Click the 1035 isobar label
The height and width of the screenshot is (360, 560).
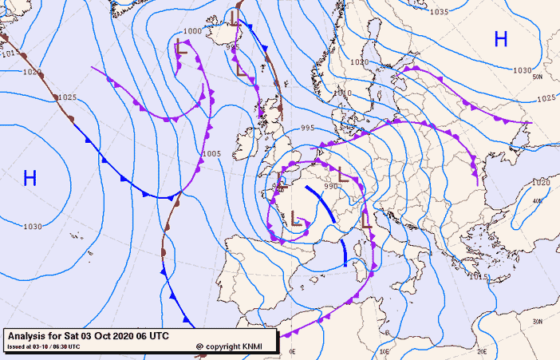439,12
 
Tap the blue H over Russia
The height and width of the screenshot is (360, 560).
501,38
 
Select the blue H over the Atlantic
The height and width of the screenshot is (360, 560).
30,178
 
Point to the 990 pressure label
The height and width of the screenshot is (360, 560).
331,187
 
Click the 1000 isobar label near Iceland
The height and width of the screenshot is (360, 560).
192,31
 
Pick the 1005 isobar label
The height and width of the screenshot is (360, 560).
211,153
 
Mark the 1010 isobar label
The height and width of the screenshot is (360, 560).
342,93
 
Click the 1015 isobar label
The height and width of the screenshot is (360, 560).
479,276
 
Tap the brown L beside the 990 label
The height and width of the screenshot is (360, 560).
344,172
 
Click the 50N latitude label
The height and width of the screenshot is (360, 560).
538,77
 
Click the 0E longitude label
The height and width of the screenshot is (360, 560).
292,351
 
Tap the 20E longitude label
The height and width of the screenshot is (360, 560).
482,351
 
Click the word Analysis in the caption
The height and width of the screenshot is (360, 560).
29,335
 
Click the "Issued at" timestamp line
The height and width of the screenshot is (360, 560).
44,346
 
